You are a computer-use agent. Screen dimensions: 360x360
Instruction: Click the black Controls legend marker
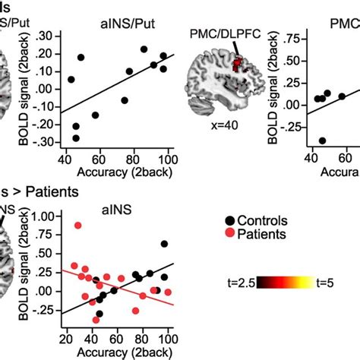coord(229,220)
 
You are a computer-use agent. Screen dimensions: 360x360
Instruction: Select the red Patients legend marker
coord(229,235)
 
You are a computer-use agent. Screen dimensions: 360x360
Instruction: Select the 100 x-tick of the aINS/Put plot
coord(167,159)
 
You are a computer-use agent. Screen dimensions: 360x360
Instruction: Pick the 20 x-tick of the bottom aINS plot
coord(66,339)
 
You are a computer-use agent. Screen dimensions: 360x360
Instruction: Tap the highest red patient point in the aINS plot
coord(78,226)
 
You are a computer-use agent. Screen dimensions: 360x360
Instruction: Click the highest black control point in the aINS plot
coord(165,244)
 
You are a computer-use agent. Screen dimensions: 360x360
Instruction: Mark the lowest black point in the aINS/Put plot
coord(75,138)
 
